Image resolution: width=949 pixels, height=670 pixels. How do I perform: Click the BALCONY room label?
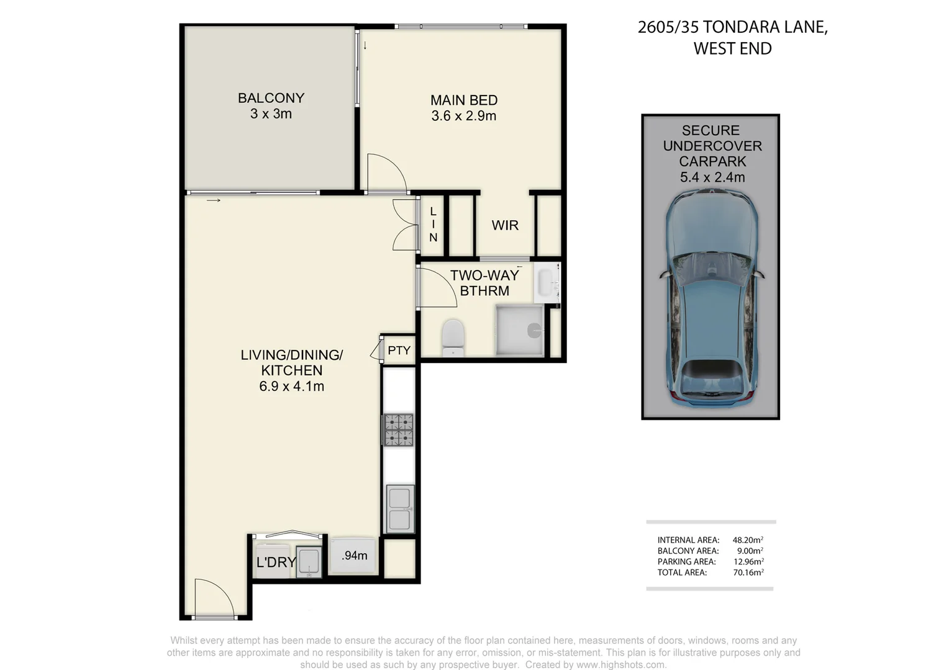pyautogui.click(x=271, y=98)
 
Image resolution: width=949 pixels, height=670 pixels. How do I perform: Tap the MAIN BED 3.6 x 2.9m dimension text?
pyautogui.click(x=463, y=116)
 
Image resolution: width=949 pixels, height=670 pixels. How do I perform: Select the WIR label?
pyautogui.click(x=504, y=225)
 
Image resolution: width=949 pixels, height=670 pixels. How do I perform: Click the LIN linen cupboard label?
pyautogui.click(x=433, y=225)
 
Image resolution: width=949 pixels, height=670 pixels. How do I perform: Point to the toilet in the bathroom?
pyautogui.click(x=453, y=337)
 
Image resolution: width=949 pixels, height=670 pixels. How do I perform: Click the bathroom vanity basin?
pyautogui.click(x=547, y=283)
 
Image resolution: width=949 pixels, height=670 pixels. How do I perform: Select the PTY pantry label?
pyautogui.click(x=399, y=351)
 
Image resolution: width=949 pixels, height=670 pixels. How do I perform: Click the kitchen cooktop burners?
pyautogui.click(x=398, y=430)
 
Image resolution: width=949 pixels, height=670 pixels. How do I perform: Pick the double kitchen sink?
pyautogui.click(x=399, y=509)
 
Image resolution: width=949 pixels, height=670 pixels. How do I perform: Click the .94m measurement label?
pyautogui.click(x=354, y=556)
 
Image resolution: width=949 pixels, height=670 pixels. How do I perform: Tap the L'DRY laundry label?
pyautogui.click(x=276, y=562)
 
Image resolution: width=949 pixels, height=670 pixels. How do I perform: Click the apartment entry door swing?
pyautogui.click(x=213, y=598)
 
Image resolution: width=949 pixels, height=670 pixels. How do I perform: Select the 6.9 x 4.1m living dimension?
pyautogui.click(x=291, y=386)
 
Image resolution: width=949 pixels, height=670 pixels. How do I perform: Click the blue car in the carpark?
pyautogui.click(x=712, y=298)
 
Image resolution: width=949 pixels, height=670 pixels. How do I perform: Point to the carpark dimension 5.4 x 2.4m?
pyautogui.click(x=712, y=177)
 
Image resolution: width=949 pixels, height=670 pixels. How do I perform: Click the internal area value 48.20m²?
pyautogui.click(x=747, y=540)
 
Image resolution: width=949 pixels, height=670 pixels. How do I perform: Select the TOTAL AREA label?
pyautogui.click(x=682, y=573)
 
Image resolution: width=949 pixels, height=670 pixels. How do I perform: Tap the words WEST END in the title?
pyautogui.click(x=732, y=48)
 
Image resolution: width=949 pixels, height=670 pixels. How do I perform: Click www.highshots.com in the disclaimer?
pyautogui.click(x=620, y=664)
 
